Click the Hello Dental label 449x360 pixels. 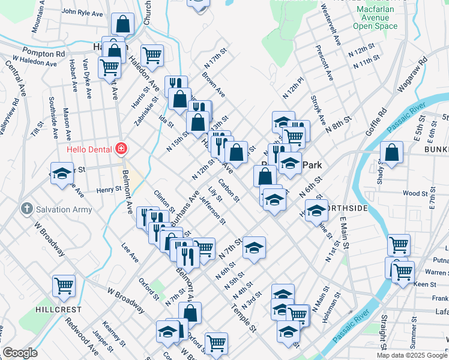pos(90,148)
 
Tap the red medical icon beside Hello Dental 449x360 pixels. pos(121,148)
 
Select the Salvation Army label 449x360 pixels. pos(64,209)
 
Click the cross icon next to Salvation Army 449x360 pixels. pos(26,209)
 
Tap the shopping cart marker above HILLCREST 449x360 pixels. pos(64,286)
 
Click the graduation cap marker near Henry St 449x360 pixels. pos(61,173)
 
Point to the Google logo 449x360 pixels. pos(20,353)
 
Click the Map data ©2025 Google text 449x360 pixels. pos(411,355)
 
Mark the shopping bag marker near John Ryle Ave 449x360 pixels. pos(122,25)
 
